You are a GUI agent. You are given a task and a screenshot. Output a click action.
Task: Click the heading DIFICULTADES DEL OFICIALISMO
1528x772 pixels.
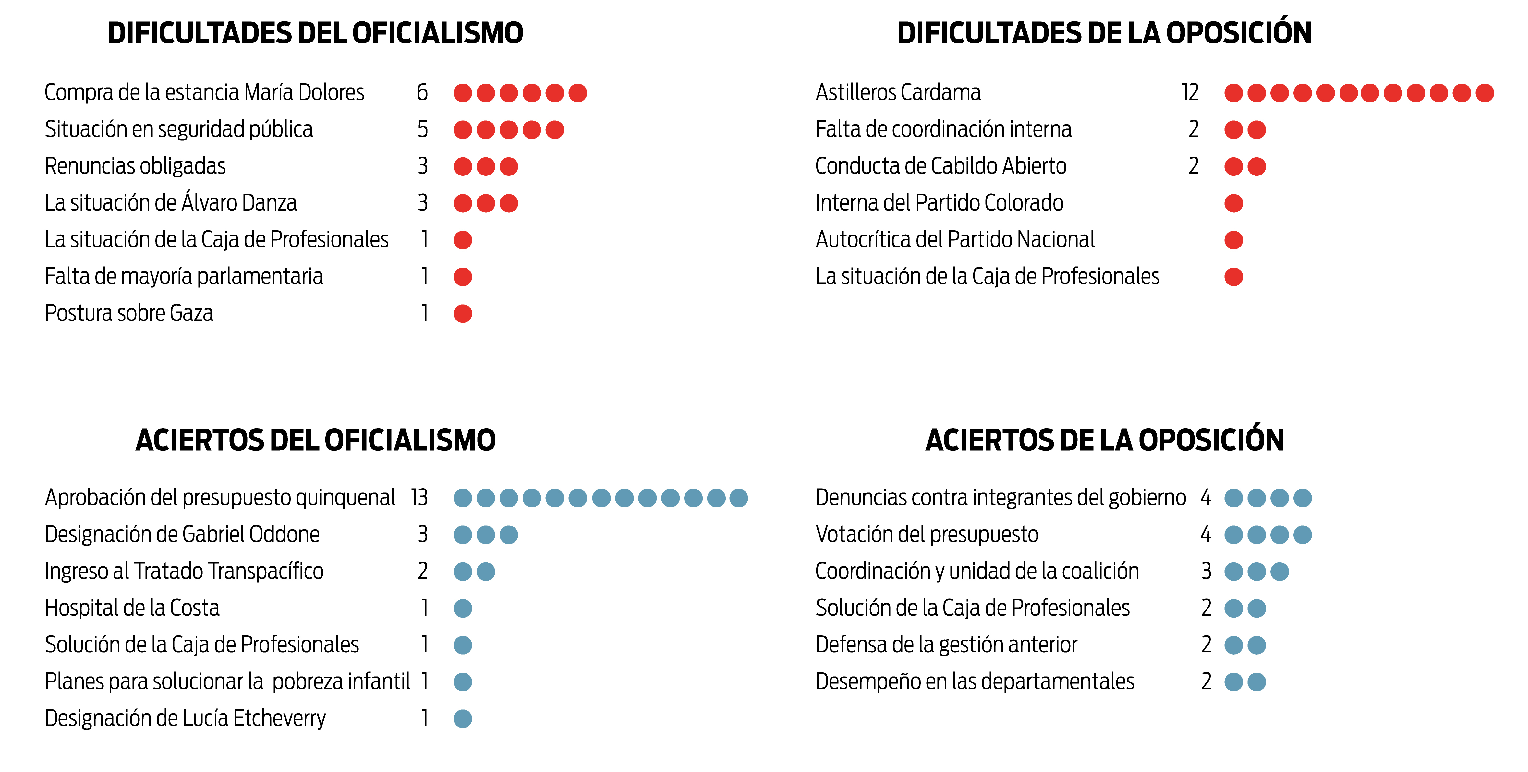click(x=315, y=33)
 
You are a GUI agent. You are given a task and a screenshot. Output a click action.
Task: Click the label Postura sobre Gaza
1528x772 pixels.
click(x=129, y=313)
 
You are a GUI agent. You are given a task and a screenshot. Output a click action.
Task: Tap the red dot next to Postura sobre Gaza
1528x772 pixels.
click(x=463, y=314)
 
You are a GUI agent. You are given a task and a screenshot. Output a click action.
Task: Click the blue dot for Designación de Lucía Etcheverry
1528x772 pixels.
click(x=463, y=718)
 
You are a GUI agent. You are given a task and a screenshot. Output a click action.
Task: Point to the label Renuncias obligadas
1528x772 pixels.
click(x=135, y=166)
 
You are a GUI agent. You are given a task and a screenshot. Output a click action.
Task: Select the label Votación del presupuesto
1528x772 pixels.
click(x=927, y=534)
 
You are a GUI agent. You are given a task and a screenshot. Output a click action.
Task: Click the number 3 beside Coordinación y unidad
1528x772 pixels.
click(x=1206, y=571)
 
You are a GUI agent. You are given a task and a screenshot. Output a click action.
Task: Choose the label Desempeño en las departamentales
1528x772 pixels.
click(x=975, y=681)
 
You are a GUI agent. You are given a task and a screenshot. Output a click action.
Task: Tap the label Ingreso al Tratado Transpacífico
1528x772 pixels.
click(x=184, y=571)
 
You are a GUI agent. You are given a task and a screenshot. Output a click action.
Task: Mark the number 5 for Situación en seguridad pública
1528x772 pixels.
click(x=422, y=129)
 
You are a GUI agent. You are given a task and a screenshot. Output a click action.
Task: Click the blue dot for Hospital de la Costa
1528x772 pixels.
click(x=463, y=608)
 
